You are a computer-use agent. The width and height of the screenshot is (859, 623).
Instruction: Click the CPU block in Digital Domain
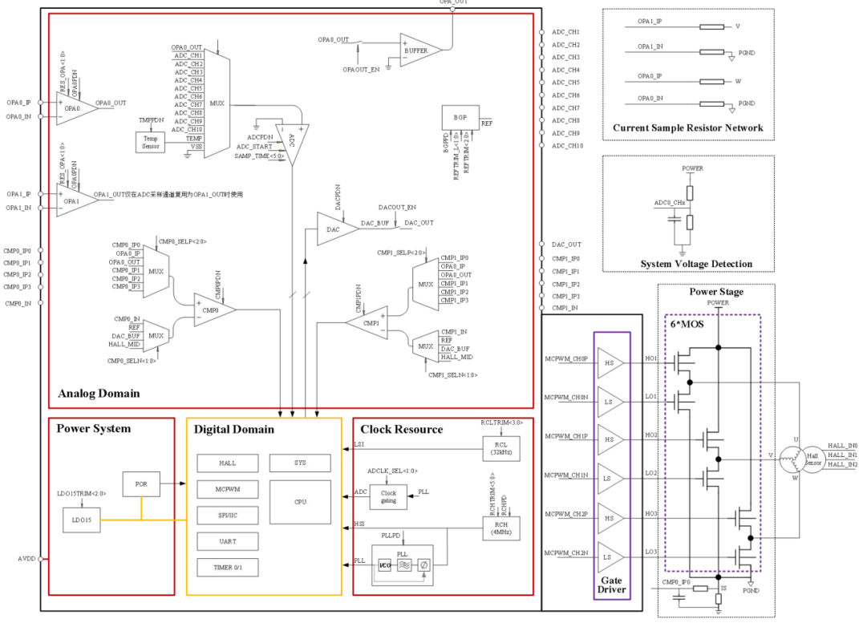[x=300, y=502]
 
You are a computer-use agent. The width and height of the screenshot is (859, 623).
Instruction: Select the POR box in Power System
[x=140, y=484]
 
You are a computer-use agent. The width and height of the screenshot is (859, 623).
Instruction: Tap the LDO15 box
[x=82, y=520]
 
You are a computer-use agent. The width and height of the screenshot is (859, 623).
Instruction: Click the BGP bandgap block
[x=460, y=117]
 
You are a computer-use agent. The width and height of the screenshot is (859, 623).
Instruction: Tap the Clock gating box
[x=388, y=498]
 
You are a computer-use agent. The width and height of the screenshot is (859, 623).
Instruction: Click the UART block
[x=227, y=541]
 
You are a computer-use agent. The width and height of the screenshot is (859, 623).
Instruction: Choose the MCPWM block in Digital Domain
[x=227, y=489]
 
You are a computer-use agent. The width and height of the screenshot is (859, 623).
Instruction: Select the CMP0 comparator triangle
[x=212, y=309]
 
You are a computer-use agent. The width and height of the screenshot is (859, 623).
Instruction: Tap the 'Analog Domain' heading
[x=99, y=394]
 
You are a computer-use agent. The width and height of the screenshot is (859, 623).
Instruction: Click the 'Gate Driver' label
[x=611, y=585]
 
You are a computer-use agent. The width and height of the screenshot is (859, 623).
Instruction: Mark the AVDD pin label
[x=20, y=559]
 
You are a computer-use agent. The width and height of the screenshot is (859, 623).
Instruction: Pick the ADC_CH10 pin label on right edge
[x=565, y=146]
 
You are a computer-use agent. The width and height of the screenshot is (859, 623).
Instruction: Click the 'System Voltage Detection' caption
[x=696, y=264]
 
